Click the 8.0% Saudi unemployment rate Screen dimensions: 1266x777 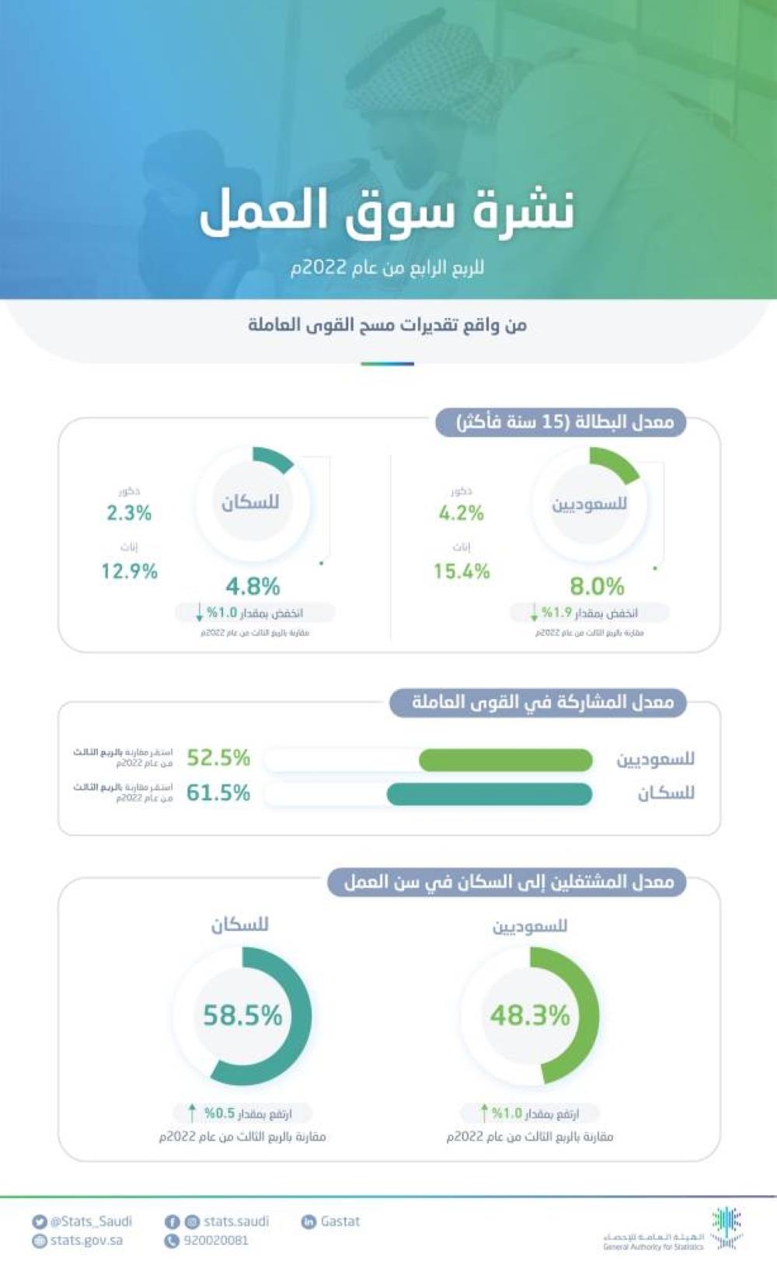(597, 586)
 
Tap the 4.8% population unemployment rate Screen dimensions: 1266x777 (253, 586)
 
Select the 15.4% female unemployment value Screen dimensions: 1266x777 (462, 572)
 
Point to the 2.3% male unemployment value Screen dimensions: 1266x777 (129, 513)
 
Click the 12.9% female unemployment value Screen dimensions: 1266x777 (129, 572)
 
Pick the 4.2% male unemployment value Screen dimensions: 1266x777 (461, 513)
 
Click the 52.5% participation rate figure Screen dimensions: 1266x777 (218, 757)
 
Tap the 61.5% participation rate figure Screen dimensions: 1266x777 (218, 793)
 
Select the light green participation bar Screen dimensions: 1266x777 (505, 760)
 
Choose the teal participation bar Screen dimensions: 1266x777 (490, 794)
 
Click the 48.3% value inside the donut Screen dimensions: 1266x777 (530, 1016)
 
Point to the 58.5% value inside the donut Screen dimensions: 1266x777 (242, 1016)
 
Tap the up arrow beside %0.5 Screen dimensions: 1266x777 (193, 1113)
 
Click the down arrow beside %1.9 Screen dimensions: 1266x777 (534, 613)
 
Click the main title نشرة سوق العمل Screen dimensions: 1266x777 (387, 212)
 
